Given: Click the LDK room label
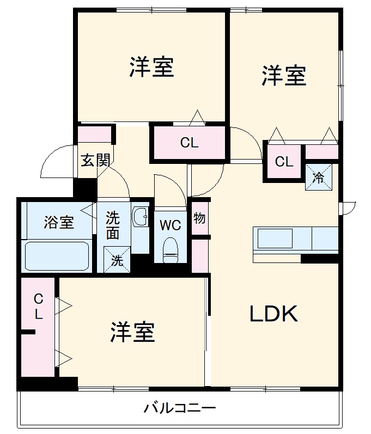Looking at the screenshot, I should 274,314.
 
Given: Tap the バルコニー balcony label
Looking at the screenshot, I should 180,408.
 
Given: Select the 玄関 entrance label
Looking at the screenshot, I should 96,160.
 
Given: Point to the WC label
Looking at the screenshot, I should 171,224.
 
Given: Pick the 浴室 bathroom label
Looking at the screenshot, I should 59,222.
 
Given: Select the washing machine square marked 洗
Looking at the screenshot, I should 117,260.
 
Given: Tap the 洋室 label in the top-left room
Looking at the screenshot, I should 151,66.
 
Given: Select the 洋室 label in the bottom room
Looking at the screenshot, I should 133,332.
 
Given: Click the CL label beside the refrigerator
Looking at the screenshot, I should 284,162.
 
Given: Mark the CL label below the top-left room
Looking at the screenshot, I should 190,143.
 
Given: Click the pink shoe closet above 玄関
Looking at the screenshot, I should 94,134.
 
